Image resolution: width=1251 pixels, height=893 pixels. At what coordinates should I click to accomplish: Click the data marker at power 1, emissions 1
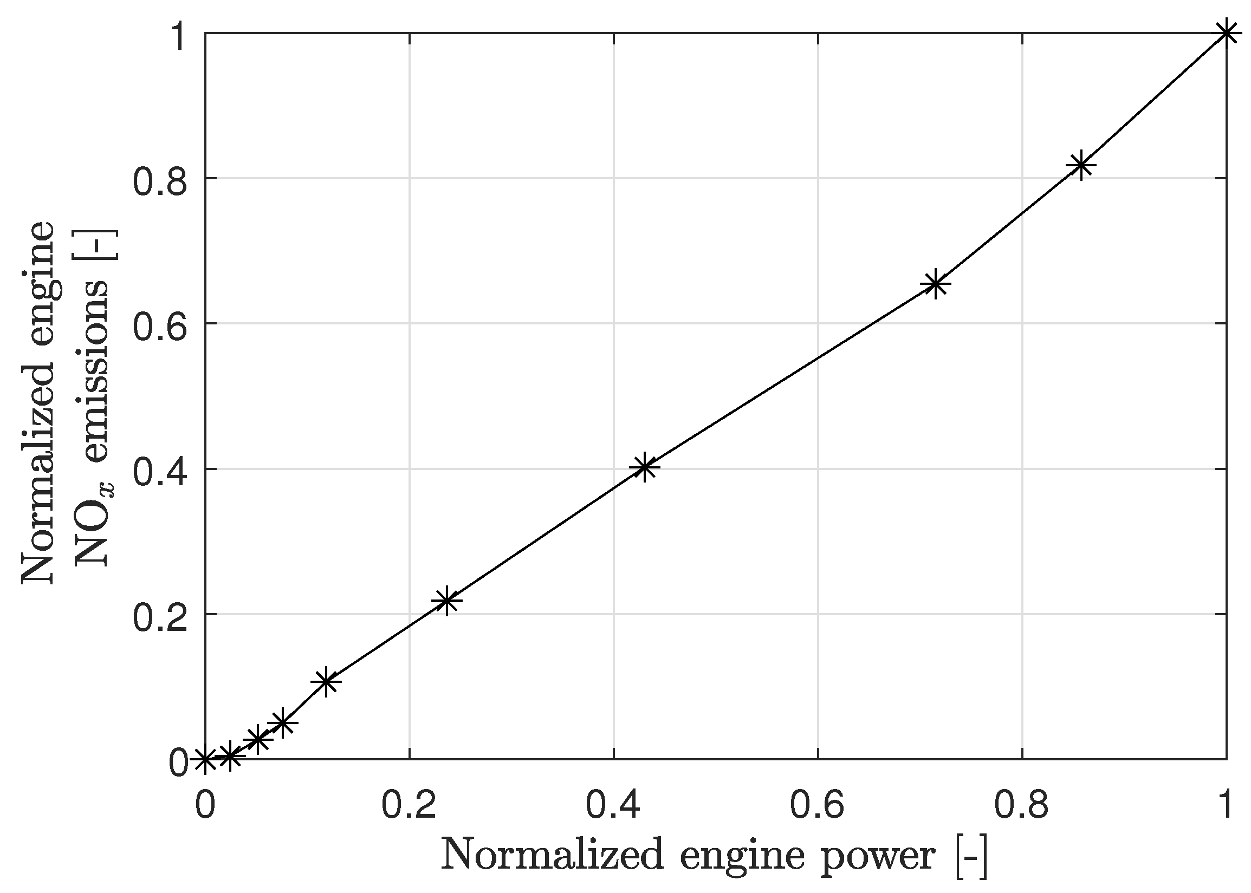(1226, 34)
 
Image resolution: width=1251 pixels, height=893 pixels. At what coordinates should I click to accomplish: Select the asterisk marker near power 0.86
(1081, 165)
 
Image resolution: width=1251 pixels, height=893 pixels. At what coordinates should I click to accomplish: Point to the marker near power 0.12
(327, 681)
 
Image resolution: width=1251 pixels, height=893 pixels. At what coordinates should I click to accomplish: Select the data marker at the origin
(205, 760)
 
